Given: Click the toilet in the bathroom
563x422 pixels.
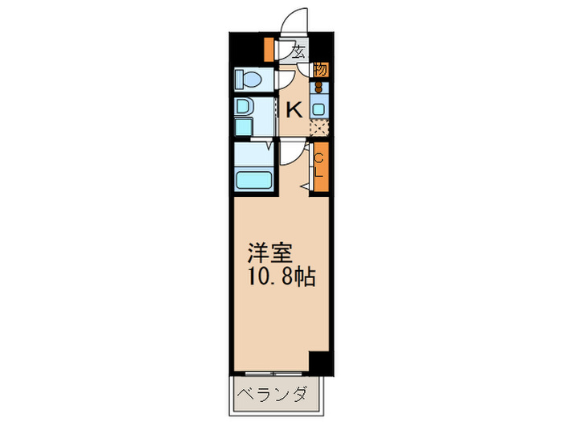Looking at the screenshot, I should [x=248, y=79].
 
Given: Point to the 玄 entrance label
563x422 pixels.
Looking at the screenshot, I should [x=297, y=53].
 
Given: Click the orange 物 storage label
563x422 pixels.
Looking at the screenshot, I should [x=319, y=71].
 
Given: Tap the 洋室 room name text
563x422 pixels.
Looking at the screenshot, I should [x=269, y=252].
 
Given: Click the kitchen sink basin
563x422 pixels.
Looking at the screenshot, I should [x=318, y=108].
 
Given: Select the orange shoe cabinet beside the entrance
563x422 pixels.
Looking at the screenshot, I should [x=269, y=50].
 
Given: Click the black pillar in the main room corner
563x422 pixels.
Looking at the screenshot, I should [x=320, y=363].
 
